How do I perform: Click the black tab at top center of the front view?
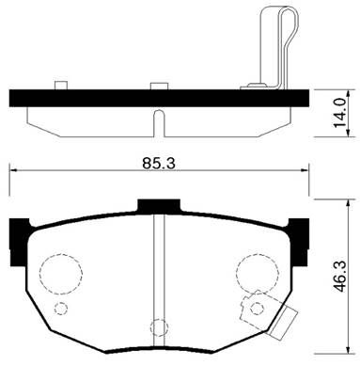click(158, 205)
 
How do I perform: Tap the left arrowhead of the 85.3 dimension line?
click(13, 170)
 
